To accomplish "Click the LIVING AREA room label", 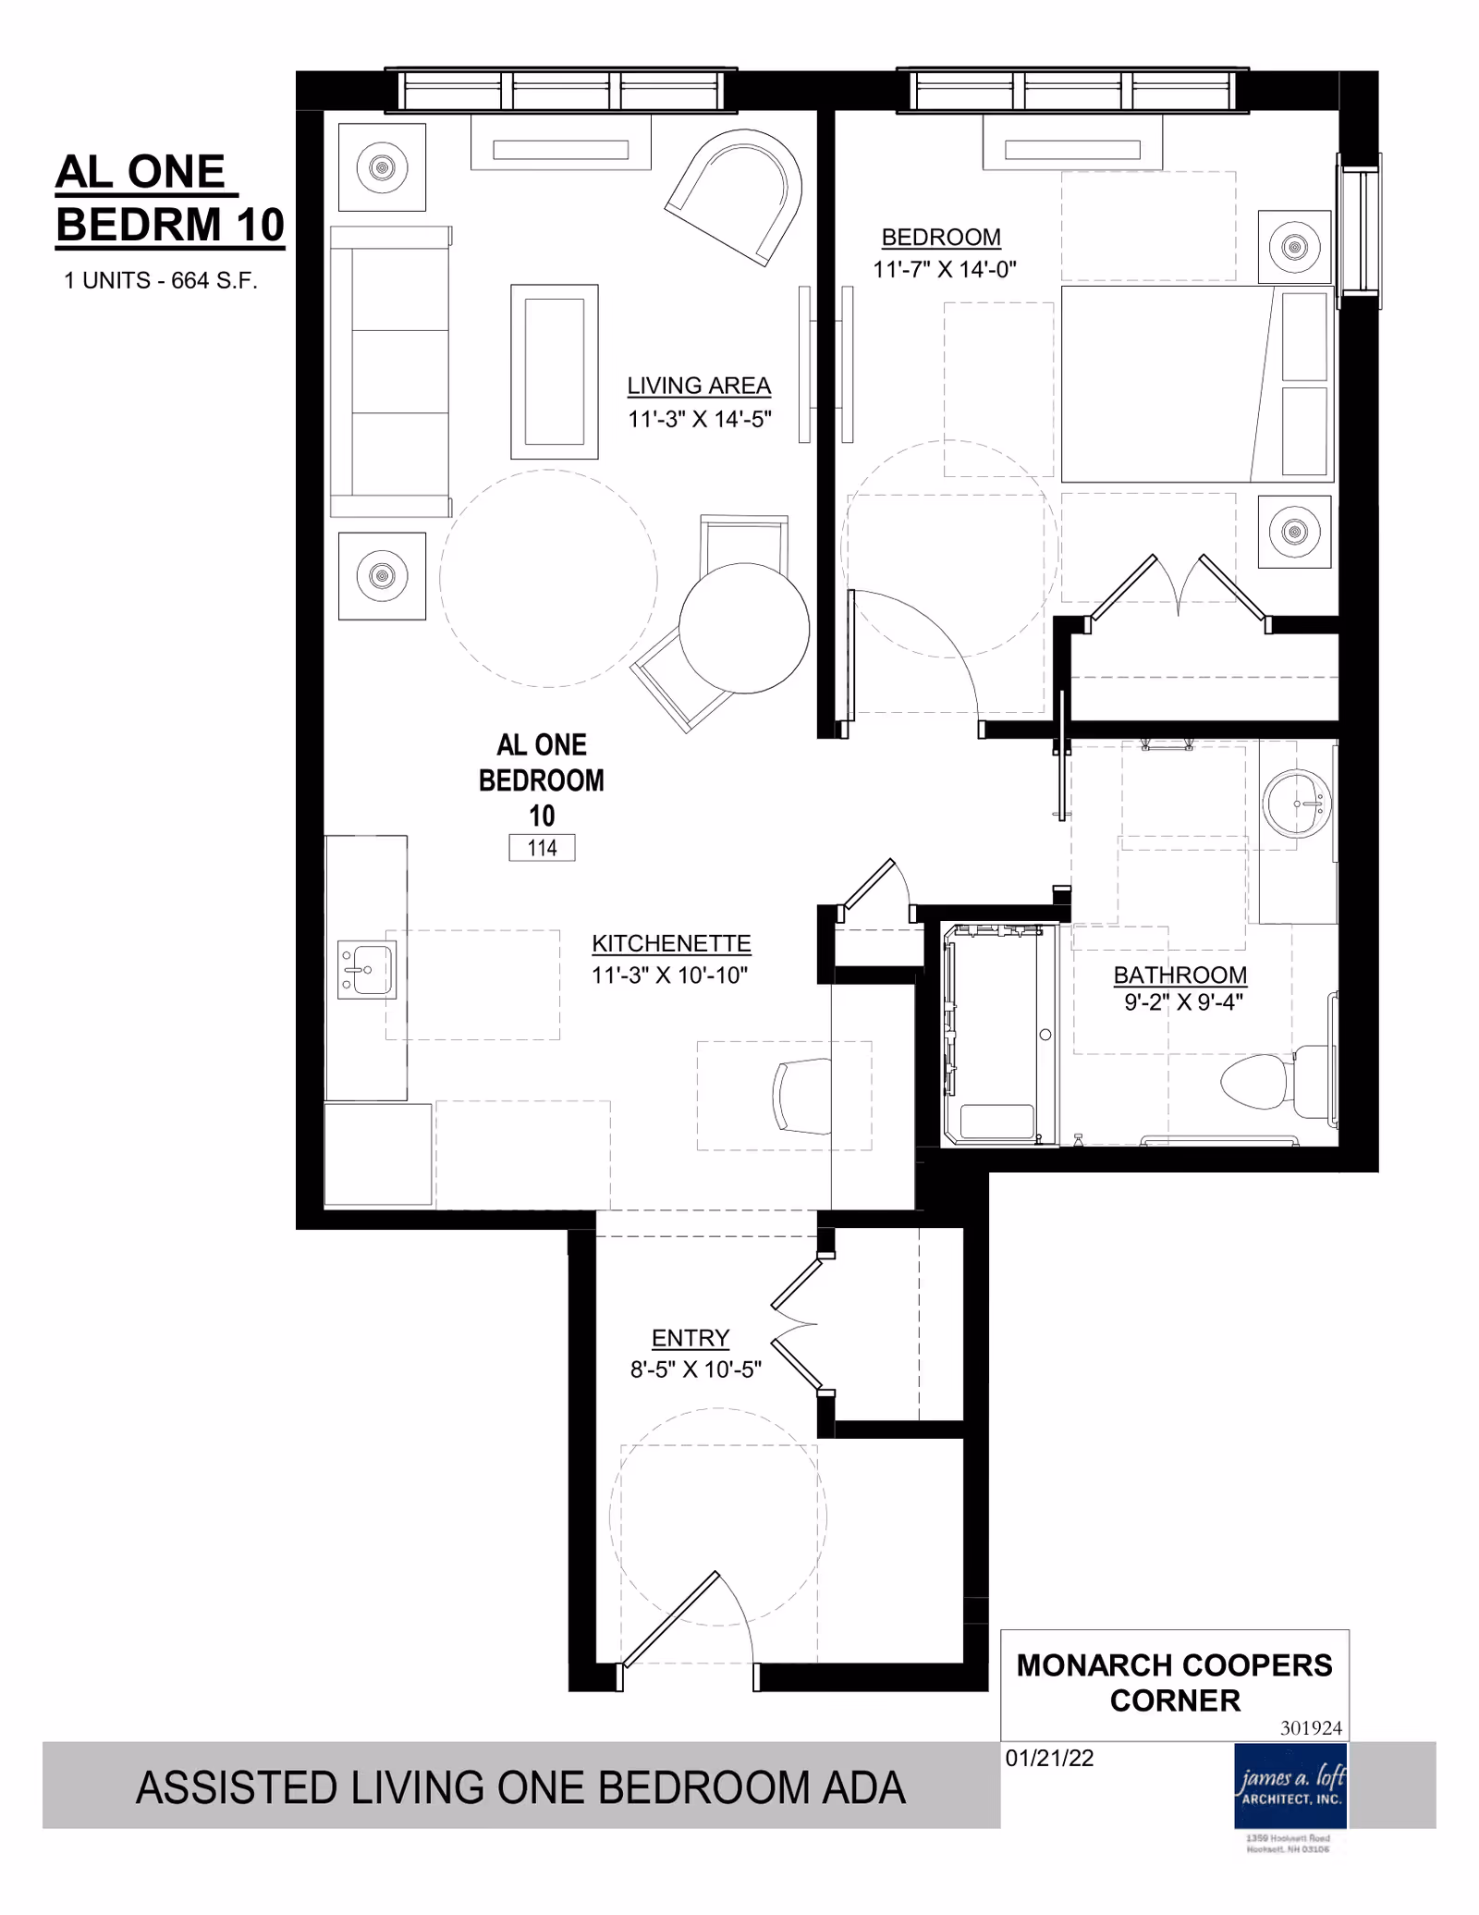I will (x=698, y=386).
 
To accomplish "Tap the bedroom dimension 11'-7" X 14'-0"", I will (x=944, y=269).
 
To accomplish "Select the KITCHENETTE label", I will (x=671, y=943).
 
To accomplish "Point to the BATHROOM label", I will (x=1180, y=975).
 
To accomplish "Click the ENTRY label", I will (x=690, y=1338).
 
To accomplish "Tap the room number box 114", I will (x=542, y=848).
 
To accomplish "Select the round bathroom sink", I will (x=1298, y=804).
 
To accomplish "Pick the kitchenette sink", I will (x=367, y=969).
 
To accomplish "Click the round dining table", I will (x=744, y=629).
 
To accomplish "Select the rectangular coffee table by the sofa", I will (x=555, y=372).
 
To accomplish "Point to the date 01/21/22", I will (x=1049, y=1758).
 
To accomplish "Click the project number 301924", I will (x=1311, y=1727).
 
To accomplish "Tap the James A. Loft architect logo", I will (x=1290, y=1786).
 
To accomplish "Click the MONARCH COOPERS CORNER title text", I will (x=1174, y=1683).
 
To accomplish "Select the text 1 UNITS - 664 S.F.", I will (x=160, y=280).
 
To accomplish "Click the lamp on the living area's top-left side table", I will (x=382, y=167).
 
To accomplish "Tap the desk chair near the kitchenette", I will (x=801, y=1097).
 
